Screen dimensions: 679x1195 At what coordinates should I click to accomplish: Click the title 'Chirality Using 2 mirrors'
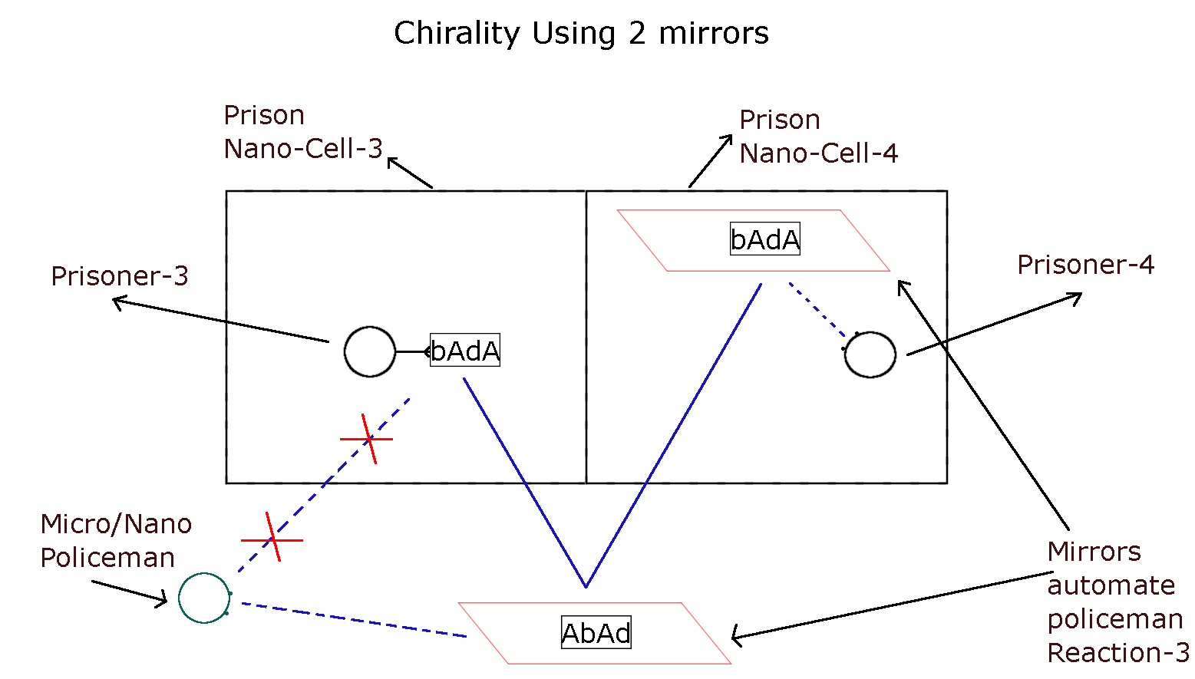point(581,34)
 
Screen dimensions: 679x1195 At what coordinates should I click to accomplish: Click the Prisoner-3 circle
point(370,352)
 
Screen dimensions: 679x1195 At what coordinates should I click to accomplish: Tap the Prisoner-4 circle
point(870,354)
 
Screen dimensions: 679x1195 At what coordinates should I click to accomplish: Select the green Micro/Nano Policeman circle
point(204,598)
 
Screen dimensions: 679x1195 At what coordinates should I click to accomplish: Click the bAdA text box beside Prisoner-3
point(465,350)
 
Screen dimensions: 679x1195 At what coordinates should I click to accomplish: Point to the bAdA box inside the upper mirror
point(764,239)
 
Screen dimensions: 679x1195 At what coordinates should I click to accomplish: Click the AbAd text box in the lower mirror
point(596,633)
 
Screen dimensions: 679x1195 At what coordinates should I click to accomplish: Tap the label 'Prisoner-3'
point(120,276)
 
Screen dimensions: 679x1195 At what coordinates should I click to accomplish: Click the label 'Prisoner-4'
point(1085,265)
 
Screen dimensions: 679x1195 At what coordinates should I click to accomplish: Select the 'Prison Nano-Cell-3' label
point(302,132)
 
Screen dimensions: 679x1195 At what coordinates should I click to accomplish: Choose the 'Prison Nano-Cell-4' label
point(818,137)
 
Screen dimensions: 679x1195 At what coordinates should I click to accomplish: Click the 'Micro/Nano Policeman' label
point(116,540)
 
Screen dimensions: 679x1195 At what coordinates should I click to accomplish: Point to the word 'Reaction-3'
point(1117,653)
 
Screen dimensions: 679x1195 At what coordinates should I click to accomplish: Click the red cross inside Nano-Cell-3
point(368,439)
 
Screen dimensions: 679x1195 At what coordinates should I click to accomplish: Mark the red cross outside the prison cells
point(272,539)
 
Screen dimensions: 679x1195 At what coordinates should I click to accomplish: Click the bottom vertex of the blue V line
point(586,586)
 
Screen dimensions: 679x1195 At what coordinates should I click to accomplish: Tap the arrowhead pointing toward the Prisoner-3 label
point(117,302)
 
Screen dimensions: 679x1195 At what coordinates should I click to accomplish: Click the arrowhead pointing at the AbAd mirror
point(735,635)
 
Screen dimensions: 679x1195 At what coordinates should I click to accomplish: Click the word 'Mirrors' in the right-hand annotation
point(1094,552)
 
